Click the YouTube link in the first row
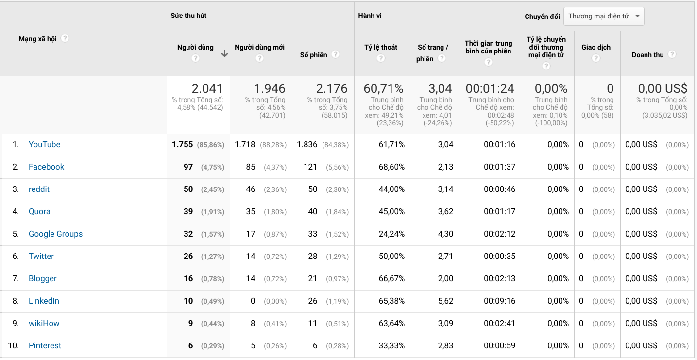point(44,145)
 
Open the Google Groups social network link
point(55,234)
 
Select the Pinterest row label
point(45,346)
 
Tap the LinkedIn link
point(44,301)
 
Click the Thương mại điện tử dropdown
point(604,16)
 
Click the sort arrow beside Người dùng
point(224,54)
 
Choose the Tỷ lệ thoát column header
point(381,47)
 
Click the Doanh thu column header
point(647,55)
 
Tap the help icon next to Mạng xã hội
point(65,38)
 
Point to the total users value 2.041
point(207,88)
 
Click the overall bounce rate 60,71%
point(383,88)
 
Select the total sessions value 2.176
point(332,88)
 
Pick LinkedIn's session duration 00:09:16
point(499,301)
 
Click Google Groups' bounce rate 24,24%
point(391,234)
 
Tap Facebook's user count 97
point(188,167)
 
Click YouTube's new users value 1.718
point(245,145)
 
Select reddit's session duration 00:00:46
point(499,189)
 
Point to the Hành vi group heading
point(370,16)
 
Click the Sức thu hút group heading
point(188,16)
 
